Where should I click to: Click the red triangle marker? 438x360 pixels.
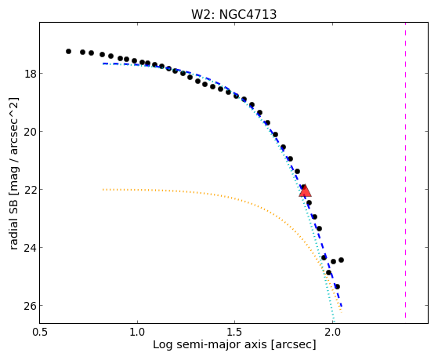pos(305,191)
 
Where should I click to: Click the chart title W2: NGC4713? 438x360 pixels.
pos(233,14)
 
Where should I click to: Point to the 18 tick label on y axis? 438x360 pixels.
pos(29,74)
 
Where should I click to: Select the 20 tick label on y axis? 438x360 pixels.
pos(29,132)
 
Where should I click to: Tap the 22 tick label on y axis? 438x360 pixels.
pos(29,189)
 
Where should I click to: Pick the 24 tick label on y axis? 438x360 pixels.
pos(29,248)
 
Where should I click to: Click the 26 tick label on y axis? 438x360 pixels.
pos(29,305)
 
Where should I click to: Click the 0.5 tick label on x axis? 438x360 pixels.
pos(40,332)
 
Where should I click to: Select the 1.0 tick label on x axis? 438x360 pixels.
pos(137,332)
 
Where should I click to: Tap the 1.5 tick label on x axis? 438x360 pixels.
pos(235,332)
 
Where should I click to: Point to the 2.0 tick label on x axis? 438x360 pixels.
pos(332,332)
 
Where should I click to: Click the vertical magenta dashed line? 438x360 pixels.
pos(405,171)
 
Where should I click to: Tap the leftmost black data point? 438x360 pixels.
pos(68,51)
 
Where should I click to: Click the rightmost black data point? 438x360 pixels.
pos(341,260)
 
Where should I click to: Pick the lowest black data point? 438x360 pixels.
pos(337,286)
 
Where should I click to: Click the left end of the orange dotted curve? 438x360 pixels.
pos(103,190)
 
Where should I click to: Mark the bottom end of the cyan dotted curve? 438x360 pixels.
pos(333,322)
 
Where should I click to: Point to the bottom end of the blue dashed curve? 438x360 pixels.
pos(342,307)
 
